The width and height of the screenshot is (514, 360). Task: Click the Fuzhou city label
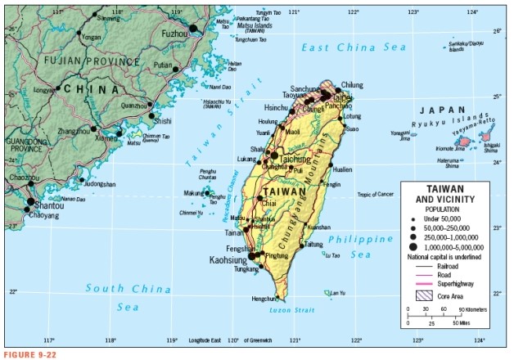(174, 34)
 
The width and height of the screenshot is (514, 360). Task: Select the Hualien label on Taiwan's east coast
(342, 169)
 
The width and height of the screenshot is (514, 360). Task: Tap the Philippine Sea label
(359, 247)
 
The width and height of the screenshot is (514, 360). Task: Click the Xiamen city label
(106, 138)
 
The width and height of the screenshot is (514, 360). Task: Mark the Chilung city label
(351, 84)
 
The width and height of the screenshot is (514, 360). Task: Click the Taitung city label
(314, 244)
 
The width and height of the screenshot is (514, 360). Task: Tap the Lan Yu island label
(337, 292)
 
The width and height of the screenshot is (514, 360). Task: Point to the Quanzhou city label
(133, 105)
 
